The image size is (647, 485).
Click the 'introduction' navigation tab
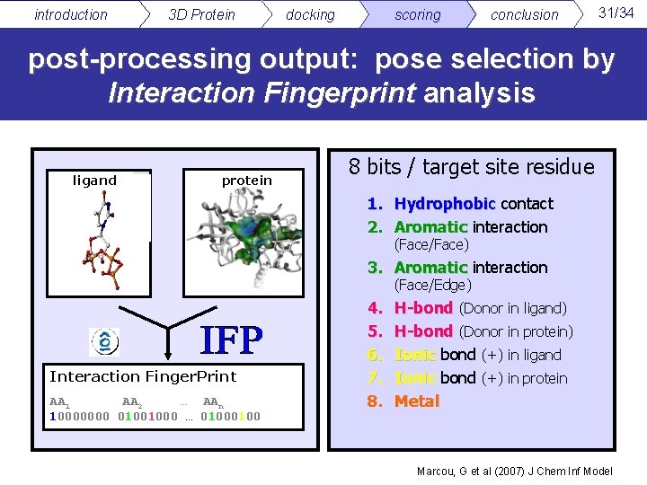[70, 14]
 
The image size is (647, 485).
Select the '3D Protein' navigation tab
[201, 14]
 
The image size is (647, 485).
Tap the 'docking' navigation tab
[310, 14]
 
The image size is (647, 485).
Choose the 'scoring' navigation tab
[418, 14]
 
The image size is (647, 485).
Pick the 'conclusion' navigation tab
[524, 14]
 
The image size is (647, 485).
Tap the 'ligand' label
[94, 181]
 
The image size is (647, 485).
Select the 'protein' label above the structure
[246, 181]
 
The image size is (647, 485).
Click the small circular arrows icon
[104, 341]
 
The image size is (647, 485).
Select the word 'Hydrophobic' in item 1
[445, 204]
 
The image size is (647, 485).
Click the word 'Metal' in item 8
[417, 401]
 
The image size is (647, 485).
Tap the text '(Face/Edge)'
[432, 286]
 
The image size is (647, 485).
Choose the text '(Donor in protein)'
[516, 331]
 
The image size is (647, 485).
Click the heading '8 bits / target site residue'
[471, 167]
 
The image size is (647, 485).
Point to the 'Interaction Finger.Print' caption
[143, 376]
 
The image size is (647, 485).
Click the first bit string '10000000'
[79, 416]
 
